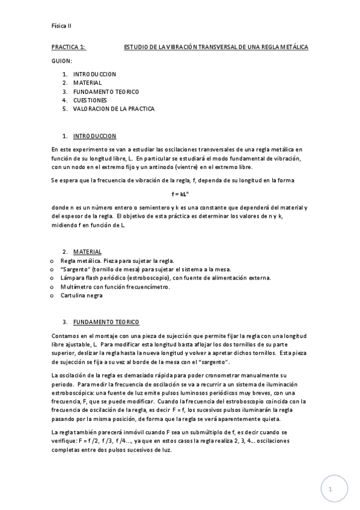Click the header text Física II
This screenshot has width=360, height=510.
pos(62,26)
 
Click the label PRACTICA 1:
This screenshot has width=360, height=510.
pos(69,46)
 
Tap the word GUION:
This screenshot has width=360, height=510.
pos(62,61)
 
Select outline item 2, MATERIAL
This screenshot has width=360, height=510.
pos(87,82)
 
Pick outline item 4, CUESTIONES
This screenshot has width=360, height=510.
pos(90,100)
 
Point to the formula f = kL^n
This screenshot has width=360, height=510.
pos(180,194)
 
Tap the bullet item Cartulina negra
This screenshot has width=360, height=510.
pos(81,295)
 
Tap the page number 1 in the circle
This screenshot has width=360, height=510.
pos(330,490)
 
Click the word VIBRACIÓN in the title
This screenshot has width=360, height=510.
pos(182,46)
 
